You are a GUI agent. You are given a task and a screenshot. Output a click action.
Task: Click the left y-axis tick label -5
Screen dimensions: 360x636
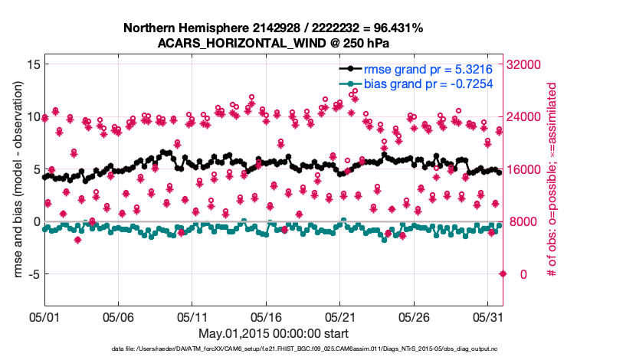(31, 273)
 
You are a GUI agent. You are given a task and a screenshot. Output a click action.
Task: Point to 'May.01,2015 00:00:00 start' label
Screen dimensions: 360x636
(273, 333)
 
